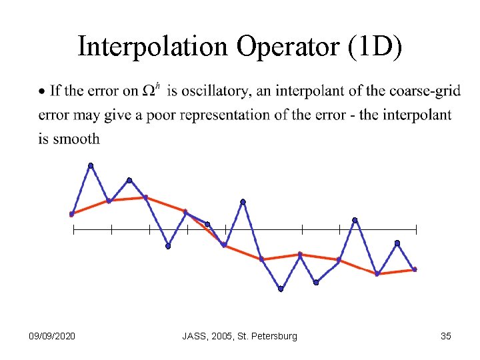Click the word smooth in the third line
[79, 139]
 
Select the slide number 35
[446, 336]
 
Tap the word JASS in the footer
[195, 336]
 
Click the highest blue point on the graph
[91, 165]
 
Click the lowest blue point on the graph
[281, 289]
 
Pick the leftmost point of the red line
[71, 214]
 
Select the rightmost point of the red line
[415, 269]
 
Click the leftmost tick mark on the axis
[73, 230]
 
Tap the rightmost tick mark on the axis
[416, 230]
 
